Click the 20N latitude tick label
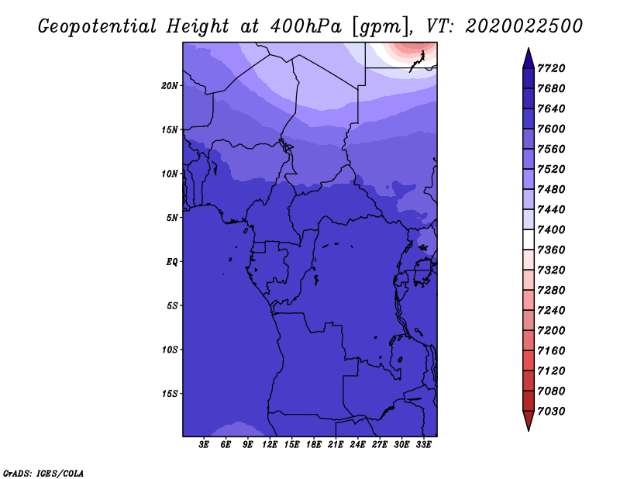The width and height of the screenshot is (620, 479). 170,86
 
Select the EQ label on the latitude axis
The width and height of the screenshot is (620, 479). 172,262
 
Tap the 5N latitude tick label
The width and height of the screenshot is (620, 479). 172,218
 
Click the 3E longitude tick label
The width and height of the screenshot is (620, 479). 204,445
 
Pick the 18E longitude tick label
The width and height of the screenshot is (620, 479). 314,445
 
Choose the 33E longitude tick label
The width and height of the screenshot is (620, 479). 423,445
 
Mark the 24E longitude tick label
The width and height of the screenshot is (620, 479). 357,445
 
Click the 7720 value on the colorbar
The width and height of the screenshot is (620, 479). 551,68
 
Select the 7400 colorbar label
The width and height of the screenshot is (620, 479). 551,229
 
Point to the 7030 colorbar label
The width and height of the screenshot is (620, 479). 551,412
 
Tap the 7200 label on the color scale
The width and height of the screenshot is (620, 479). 551,331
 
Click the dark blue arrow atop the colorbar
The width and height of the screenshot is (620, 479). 529,60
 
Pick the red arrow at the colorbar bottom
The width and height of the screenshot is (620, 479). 529,419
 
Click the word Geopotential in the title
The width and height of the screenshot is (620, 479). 98,26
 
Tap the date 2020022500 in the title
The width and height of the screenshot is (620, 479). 524,26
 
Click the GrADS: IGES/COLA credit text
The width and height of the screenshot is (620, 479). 43,474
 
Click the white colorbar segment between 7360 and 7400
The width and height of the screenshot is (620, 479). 529,239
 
